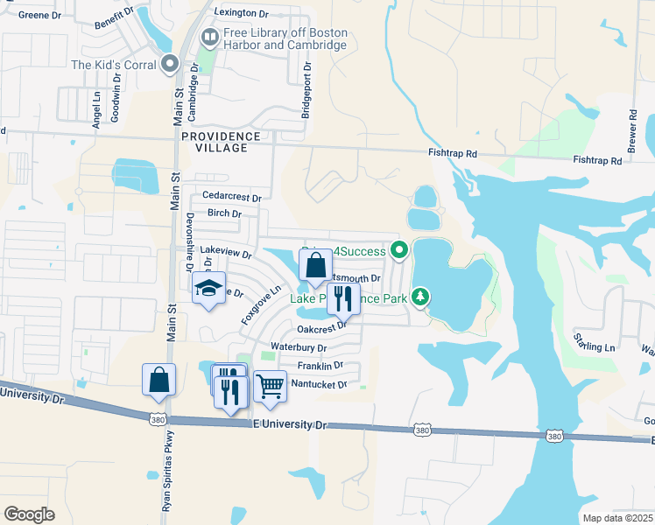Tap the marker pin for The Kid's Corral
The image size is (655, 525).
[x=170, y=64]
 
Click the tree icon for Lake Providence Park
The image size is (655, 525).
[x=421, y=298]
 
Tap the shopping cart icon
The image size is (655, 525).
[x=270, y=385]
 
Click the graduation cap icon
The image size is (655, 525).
[x=208, y=289]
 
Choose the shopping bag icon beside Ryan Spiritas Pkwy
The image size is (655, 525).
[x=158, y=380]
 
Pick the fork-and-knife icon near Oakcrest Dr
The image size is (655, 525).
[x=343, y=299]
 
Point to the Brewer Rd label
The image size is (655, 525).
[x=630, y=126]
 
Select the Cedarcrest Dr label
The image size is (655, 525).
[x=232, y=196]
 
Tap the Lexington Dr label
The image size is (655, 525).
[x=242, y=13]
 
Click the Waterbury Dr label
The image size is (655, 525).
[x=299, y=347]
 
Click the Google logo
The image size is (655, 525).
[x=29, y=514]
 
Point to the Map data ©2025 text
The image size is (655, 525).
[x=616, y=518]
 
